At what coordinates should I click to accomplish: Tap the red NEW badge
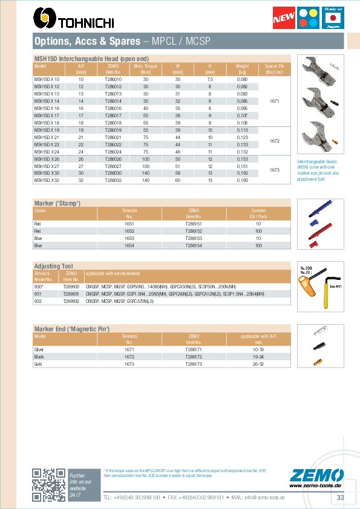285,19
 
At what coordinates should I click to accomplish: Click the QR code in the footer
48,485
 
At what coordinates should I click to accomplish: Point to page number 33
340,497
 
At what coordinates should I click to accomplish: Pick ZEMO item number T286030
113,173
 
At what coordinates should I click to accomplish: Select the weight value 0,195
242,180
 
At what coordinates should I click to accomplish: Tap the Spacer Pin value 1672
274,140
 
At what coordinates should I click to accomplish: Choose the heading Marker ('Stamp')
57,203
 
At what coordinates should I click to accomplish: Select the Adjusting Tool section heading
54,265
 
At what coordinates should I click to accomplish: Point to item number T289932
71,300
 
